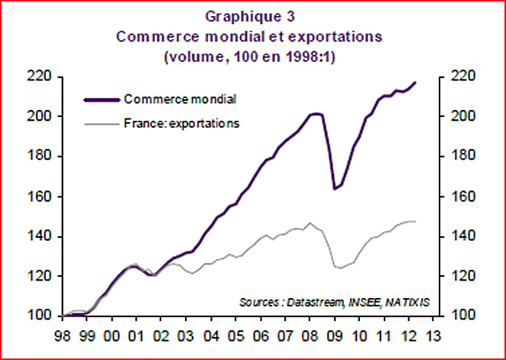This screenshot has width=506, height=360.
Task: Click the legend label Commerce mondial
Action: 180,99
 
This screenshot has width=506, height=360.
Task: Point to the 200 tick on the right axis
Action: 462,116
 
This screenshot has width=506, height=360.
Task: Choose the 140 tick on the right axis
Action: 462,236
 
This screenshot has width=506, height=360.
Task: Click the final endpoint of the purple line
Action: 415,82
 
